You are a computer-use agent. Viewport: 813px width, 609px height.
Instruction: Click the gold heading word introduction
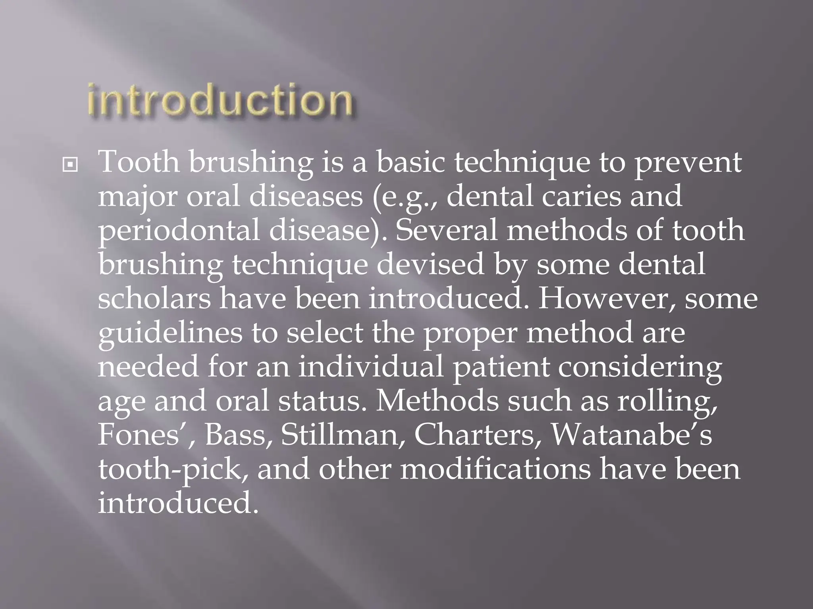tap(220, 100)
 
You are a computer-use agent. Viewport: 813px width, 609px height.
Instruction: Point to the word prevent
tap(688, 163)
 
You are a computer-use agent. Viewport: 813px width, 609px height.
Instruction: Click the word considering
tap(640, 368)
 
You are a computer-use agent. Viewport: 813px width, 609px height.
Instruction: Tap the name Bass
tap(238, 435)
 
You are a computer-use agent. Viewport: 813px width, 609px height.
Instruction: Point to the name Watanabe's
tap(632, 435)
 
